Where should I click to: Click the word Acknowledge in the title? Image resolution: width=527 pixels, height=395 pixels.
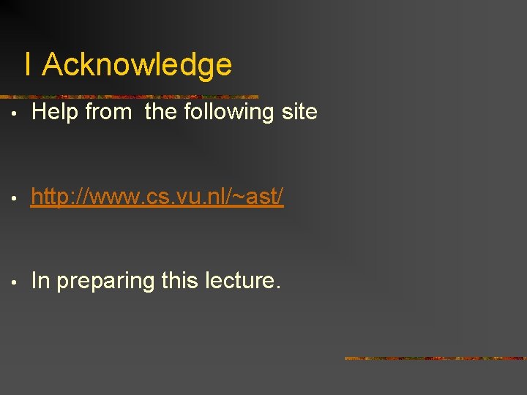click(137, 65)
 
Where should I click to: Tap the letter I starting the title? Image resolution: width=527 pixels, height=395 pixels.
click(28, 65)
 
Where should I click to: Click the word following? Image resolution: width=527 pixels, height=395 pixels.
click(231, 112)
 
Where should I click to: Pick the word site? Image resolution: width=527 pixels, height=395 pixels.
click(301, 112)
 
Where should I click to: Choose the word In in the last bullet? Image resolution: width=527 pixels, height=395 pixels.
click(41, 281)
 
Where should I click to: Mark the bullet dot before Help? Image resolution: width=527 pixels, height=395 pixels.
click(15, 114)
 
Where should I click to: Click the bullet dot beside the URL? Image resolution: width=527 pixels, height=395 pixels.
click(15, 198)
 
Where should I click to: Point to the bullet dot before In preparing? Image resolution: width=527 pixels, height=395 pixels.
click(15, 282)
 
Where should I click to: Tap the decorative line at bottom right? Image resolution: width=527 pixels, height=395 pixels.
click(436, 358)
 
